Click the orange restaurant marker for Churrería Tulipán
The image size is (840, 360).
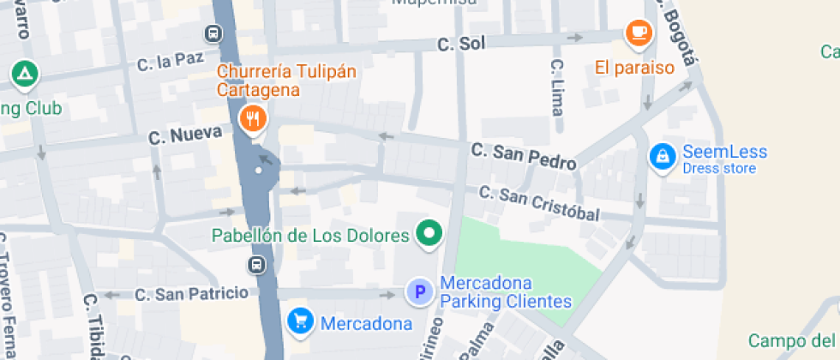tap(251, 118)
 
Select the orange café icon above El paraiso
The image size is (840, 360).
tap(638, 33)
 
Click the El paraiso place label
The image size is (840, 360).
tap(635, 67)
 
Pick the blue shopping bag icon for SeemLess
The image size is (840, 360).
tap(661, 157)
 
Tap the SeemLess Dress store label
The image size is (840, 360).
tap(724, 159)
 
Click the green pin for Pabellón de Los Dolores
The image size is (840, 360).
tap(429, 233)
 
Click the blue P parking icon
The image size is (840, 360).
tap(420, 293)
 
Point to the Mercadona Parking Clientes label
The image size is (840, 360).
tap(505, 292)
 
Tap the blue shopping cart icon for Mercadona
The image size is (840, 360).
tap(299, 322)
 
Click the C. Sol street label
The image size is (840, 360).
tap(455, 44)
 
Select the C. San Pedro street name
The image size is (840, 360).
tap(522, 155)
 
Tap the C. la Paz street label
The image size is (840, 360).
tap(171, 62)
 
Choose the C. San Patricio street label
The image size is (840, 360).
tap(191, 294)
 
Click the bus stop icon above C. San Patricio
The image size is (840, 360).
tap(255, 264)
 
